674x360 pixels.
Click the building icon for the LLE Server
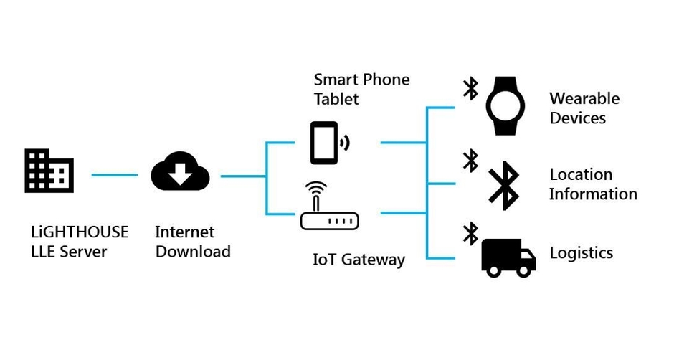point(49,171)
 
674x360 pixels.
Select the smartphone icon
point(324,143)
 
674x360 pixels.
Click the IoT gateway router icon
point(328,210)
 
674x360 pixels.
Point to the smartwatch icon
point(510,106)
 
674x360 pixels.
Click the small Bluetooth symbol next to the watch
point(470,88)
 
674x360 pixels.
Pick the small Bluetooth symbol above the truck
point(470,232)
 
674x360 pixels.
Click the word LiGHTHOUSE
point(80,232)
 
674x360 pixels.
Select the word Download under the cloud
point(193,252)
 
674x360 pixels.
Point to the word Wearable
point(584,98)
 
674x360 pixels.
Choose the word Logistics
point(581,253)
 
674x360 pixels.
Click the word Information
point(593,194)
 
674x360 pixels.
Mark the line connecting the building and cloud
point(114,174)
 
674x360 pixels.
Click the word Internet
point(184,232)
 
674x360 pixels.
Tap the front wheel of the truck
point(525,270)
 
